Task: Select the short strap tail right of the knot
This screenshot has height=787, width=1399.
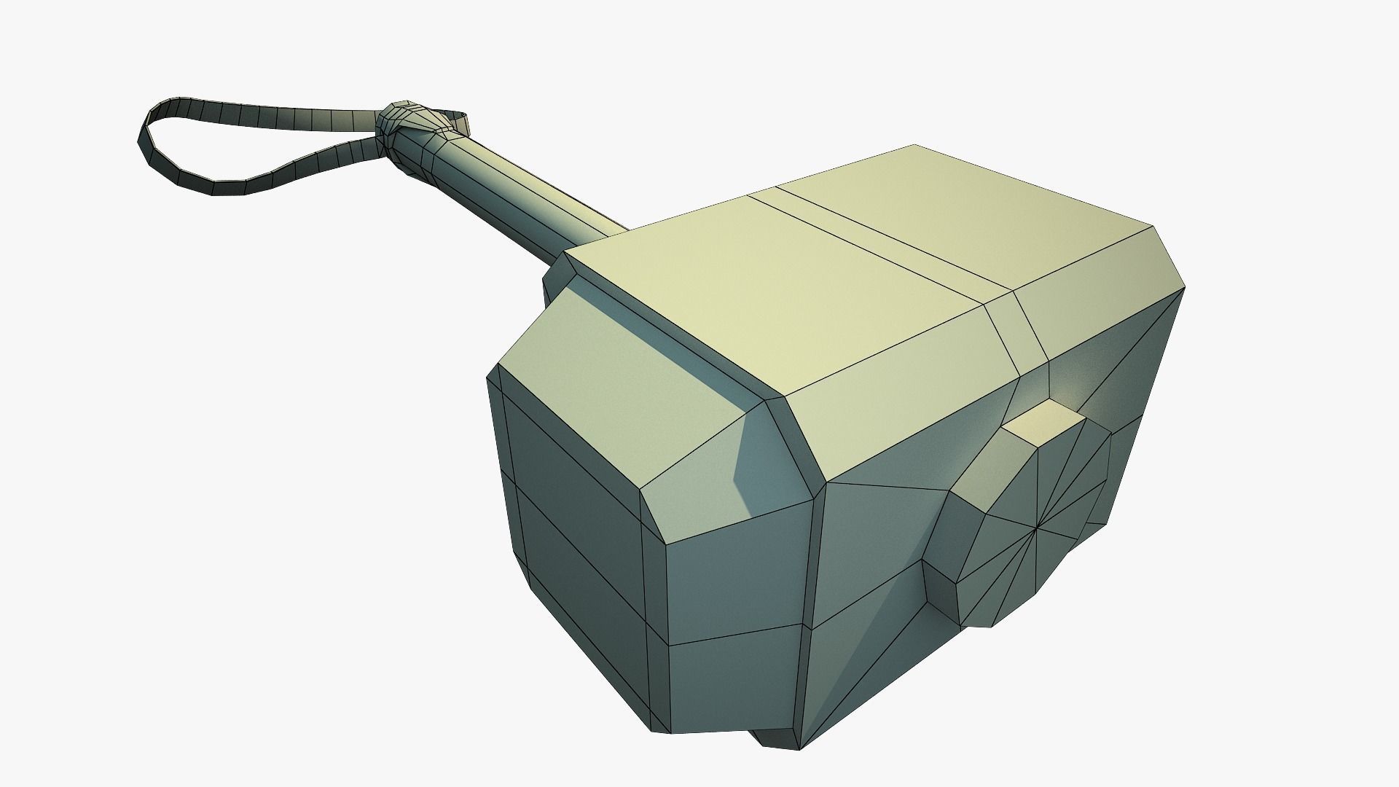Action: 456,117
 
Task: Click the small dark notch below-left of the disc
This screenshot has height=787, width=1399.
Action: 940,590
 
